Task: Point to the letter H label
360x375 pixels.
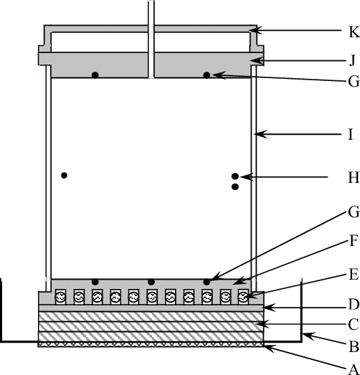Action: (352, 176)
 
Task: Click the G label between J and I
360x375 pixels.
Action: (352, 81)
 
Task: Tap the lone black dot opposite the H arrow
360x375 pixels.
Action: (65, 175)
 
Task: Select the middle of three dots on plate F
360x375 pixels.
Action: (151, 282)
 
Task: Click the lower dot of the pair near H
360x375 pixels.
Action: (235, 187)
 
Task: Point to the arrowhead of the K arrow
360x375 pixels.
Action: (252, 30)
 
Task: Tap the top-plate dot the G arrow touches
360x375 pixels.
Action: (207, 75)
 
